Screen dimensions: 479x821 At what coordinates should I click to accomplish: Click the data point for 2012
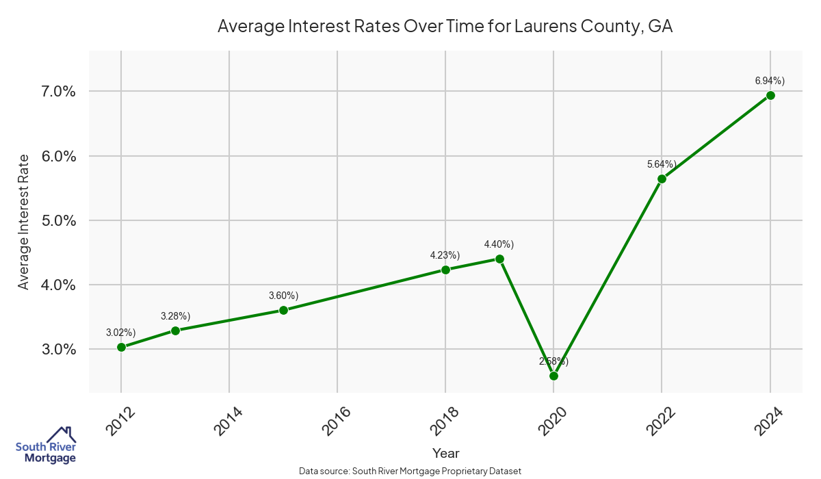121,347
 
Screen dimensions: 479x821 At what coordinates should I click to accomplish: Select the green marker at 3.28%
175,331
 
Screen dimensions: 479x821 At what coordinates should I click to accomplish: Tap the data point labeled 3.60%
283,310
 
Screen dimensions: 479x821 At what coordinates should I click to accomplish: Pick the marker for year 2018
445,270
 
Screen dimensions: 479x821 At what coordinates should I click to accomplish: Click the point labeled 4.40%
499,259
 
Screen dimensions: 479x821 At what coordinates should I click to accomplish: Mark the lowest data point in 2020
553,376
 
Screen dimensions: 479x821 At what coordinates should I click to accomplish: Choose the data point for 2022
662,179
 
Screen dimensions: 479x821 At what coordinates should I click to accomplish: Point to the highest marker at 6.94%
770,95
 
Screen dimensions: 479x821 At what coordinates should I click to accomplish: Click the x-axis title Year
445,453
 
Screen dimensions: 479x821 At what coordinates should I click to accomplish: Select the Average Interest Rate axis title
24,221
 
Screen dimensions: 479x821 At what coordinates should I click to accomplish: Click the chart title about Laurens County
445,27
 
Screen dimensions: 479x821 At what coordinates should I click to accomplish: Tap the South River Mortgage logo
46,445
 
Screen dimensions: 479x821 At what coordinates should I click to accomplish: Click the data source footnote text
410,471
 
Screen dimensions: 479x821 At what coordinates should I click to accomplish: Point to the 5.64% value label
661,164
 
